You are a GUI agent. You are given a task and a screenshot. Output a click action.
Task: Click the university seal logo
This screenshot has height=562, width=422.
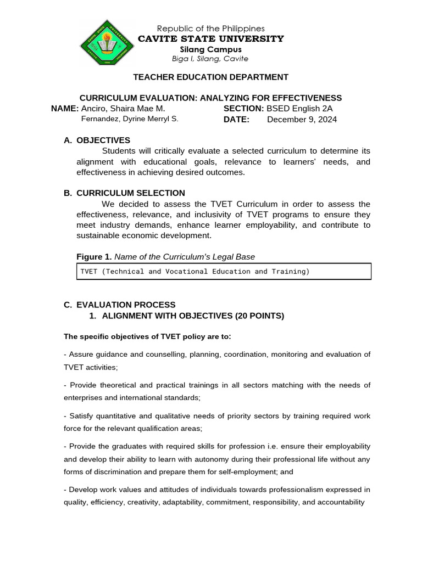(108, 43)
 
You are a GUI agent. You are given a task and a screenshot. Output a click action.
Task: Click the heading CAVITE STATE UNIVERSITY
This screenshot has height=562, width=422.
(210, 38)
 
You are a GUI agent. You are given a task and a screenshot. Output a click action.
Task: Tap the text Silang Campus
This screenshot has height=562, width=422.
(210, 49)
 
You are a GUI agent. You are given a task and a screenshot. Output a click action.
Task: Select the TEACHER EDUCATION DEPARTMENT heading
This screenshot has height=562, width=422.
(210, 77)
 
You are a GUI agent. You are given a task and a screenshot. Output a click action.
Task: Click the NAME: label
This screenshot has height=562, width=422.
(65, 109)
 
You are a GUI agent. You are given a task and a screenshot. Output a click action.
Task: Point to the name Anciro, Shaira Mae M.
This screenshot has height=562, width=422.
(123, 109)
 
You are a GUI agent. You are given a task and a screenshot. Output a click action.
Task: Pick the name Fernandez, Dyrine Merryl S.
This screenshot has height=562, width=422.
(130, 119)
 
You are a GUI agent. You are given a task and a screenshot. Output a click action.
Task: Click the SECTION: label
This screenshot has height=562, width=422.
(243, 109)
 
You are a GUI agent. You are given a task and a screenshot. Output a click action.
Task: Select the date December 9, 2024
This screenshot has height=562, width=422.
(302, 119)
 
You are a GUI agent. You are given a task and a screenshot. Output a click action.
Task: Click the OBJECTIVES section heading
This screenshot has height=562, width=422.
(103, 140)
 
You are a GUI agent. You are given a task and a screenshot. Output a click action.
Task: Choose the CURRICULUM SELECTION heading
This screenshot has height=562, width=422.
(131, 193)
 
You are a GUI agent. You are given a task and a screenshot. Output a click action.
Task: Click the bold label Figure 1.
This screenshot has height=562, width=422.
(94, 257)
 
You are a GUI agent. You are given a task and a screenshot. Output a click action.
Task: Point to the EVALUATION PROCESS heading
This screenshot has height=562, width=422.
(126, 305)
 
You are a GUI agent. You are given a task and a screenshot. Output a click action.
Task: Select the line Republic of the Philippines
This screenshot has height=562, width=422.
(210, 29)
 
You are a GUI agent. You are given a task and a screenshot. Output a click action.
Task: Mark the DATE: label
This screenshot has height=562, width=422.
(236, 119)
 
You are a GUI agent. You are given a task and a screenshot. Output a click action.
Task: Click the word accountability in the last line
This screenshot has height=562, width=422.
(340, 502)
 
